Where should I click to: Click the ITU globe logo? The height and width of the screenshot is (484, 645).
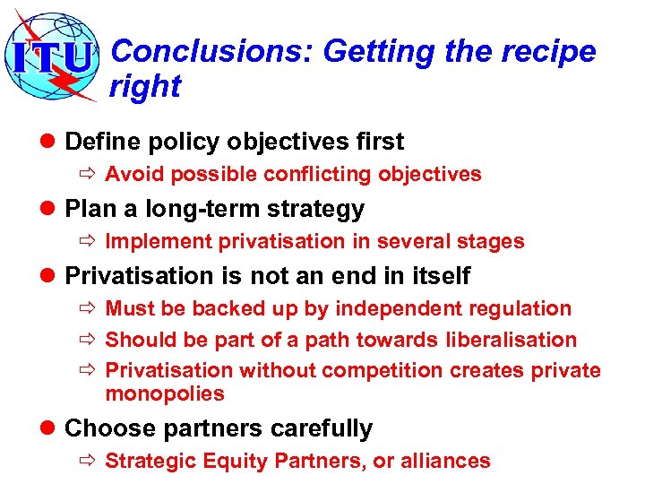pyautogui.click(x=54, y=56)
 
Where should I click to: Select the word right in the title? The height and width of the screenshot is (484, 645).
pyautogui.click(x=145, y=87)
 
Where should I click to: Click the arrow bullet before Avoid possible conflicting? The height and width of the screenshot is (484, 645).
pyautogui.click(x=90, y=174)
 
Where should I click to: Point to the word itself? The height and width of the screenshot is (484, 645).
pyautogui.click(x=438, y=276)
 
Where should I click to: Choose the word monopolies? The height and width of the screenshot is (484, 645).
pyautogui.click(x=165, y=393)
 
